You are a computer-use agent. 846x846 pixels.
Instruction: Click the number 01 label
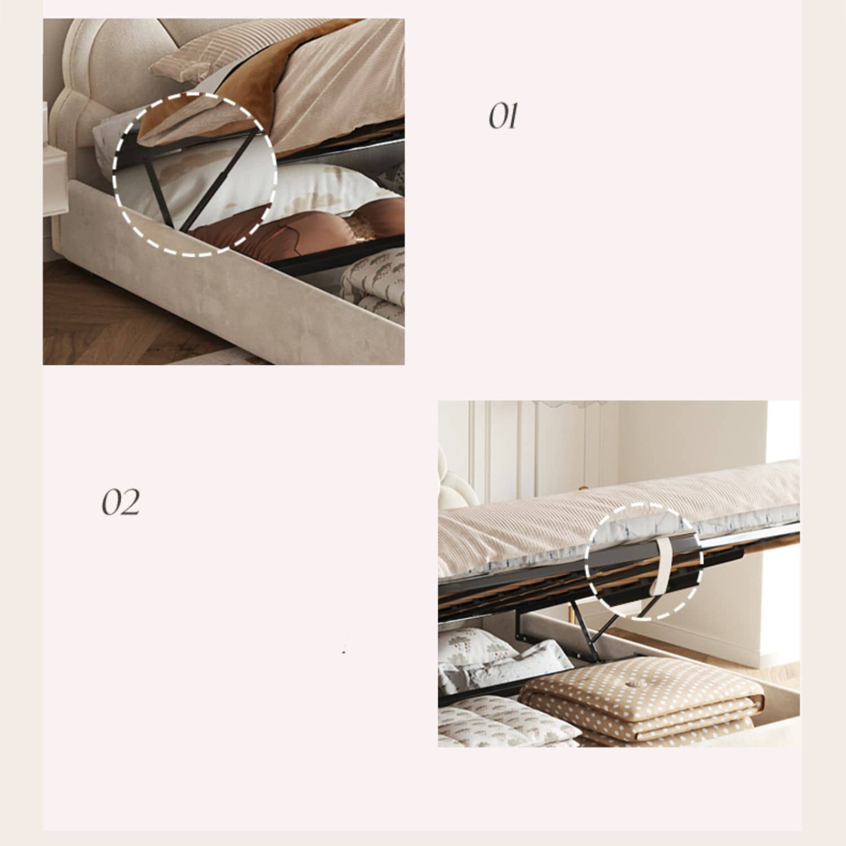pyautogui.click(x=503, y=117)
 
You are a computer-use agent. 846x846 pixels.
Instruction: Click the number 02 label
pyautogui.click(x=120, y=502)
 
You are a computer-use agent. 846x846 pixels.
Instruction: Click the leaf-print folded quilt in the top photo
pyautogui.click(x=373, y=285)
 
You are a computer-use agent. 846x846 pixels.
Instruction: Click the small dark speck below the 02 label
pyautogui.click(x=343, y=653)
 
